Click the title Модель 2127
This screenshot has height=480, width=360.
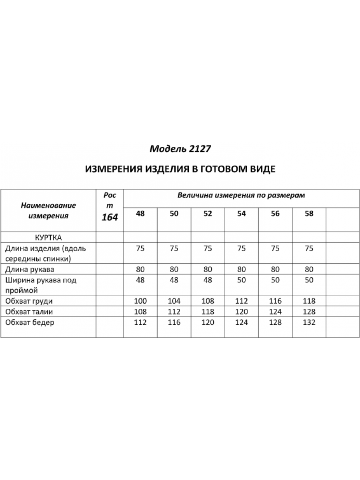pyautogui.click(x=180, y=149)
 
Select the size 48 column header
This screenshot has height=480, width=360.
pyautogui.click(x=140, y=214)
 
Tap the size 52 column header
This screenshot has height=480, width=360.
pyautogui.click(x=208, y=214)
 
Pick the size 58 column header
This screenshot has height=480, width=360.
pyautogui.click(x=309, y=214)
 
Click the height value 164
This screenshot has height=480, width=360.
pyautogui.click(x=110, y=218)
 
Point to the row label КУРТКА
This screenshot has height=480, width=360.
pyautogui.click(x=48, y=237)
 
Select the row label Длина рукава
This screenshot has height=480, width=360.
pyautogui.click(x=30, y=269)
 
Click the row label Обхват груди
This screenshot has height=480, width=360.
pyautogui.click(x=29, y=301)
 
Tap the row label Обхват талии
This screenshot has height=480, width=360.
pyautogui.click(x=29, y=312)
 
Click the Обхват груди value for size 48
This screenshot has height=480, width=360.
pyautogui.click(x=140, y=301)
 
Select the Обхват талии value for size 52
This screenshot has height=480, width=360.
pyautogui.click(x=208, y=312)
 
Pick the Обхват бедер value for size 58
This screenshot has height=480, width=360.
pyautogui.click(x=309, y=322)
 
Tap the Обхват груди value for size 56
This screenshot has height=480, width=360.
pyautogui.click(x=275, y=301)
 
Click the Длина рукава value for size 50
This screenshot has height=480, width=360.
pyautogui.click(x=174, y=269)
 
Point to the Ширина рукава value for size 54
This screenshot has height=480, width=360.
pyautogui.click(x=241, y=280)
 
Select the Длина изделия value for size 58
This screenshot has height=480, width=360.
pyautogui.click(x=309, y=248)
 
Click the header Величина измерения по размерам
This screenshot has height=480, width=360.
pyautogui.click(x=241, y=196)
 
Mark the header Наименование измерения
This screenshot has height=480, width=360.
pyautogui.click(x=48, y=211)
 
